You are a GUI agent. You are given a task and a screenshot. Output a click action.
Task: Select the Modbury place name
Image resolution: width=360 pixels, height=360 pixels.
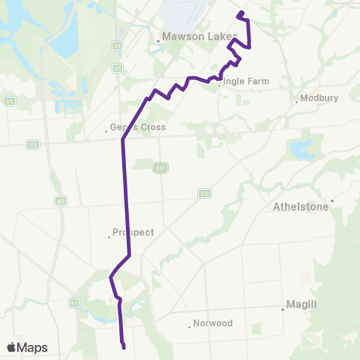coord(320,97)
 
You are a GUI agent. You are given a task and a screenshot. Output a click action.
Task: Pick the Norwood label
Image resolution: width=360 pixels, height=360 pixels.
coord(212,323)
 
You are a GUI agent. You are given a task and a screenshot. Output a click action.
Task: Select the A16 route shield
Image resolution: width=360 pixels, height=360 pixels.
coord(32,144)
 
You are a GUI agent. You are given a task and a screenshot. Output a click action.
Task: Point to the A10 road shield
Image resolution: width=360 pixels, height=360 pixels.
coord(203,193)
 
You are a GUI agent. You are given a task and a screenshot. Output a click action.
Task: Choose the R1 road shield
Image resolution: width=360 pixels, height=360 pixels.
coord(74,302)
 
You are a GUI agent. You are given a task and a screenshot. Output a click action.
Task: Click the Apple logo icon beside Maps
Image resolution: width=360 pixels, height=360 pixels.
coord(13,348)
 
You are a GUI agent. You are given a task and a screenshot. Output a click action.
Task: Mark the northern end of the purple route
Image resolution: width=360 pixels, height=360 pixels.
coord(238,14)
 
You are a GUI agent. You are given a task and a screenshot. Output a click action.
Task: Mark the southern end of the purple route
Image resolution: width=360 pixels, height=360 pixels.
coord(123,346)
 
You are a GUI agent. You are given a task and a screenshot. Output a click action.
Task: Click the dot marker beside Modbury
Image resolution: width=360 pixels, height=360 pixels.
coord(297,102)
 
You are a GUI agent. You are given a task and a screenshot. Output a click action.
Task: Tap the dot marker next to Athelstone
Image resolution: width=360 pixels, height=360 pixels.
coord(331,200)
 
